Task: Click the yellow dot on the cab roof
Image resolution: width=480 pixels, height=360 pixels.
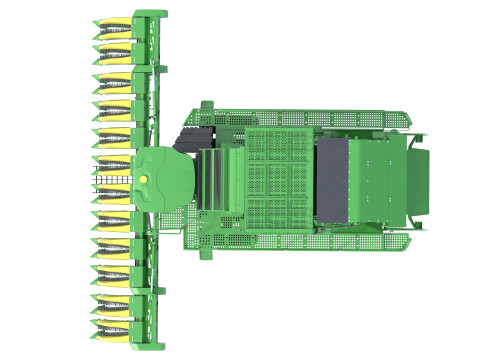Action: click(x=146, y=178)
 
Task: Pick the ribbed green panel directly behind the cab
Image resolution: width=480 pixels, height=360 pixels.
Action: click(x=215, y=180)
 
